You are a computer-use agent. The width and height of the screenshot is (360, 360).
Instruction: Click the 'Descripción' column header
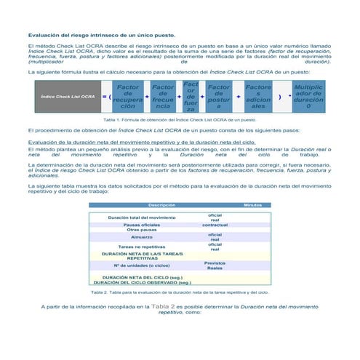[161, 205]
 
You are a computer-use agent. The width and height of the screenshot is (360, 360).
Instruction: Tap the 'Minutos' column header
[252, 205]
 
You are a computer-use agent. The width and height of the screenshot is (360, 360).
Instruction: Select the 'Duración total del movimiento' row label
[142, 217]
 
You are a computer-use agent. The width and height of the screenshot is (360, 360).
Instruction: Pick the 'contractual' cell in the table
[215, 225]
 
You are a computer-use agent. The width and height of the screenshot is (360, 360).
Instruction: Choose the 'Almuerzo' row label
[143, 237]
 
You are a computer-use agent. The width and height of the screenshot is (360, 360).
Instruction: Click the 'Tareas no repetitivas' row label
[143, 247]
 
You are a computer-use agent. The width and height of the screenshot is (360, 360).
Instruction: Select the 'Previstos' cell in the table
[215, 263]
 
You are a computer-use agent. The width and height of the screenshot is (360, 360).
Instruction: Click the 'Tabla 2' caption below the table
[180, 292]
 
